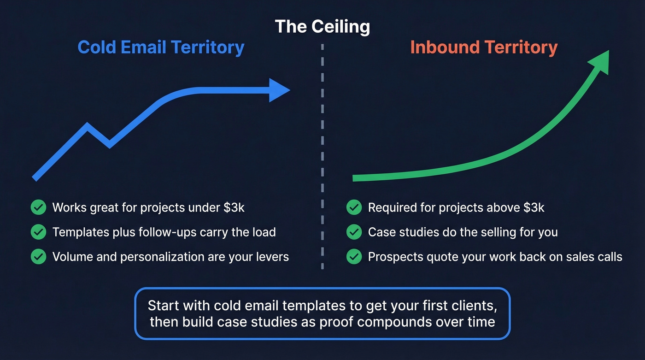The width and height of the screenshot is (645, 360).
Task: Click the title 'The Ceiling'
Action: pyautogui.click(x=322, y=26)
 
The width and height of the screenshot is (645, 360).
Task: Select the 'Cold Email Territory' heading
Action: pyautogui.click(x=161, y=47)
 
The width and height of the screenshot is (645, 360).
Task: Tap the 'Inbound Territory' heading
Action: pyautogui.click(x=484, y=47)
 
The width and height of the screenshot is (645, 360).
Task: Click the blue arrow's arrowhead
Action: pyautogui.click(x=278, y=90)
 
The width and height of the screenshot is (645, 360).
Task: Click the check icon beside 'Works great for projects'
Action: pyautogui.click(x=38, y=207)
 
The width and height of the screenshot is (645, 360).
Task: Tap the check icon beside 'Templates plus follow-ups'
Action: pyautogui.click(x=38, y=232)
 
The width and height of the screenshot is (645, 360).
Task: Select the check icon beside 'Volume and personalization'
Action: pyautogui.click(x=38, y=256)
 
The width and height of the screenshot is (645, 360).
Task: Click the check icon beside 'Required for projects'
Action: pyautogui.click(x=354, y=207)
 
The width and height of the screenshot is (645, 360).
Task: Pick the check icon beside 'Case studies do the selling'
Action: pyautogui.click(x=354, y=232)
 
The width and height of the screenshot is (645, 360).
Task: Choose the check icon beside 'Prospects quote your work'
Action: pyautogui.click(x=354, y=256)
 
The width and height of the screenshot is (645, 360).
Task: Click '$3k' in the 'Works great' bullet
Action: pyautogui.click(x=234, y=207)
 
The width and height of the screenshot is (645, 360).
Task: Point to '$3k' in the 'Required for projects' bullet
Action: pyautogui.click(x=534, y=207)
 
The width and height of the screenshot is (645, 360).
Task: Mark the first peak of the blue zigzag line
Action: pyautogui.click(x=87, y=125)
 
